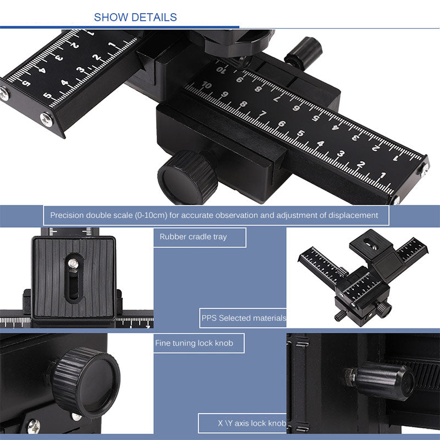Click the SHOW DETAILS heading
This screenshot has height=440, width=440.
click(135, 18)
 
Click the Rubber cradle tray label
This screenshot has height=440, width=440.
click(193, 237)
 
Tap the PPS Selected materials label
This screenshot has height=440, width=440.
click(244, 318)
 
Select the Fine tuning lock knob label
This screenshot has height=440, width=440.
click(194, 343)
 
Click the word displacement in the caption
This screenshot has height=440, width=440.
click(352, 215)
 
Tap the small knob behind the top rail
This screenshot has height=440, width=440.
click(303, 52)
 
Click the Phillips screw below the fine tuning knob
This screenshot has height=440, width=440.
click(34, 425)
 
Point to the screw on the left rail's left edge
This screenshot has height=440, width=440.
click(4, 95)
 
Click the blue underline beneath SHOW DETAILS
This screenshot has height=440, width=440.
click(119, 27)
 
